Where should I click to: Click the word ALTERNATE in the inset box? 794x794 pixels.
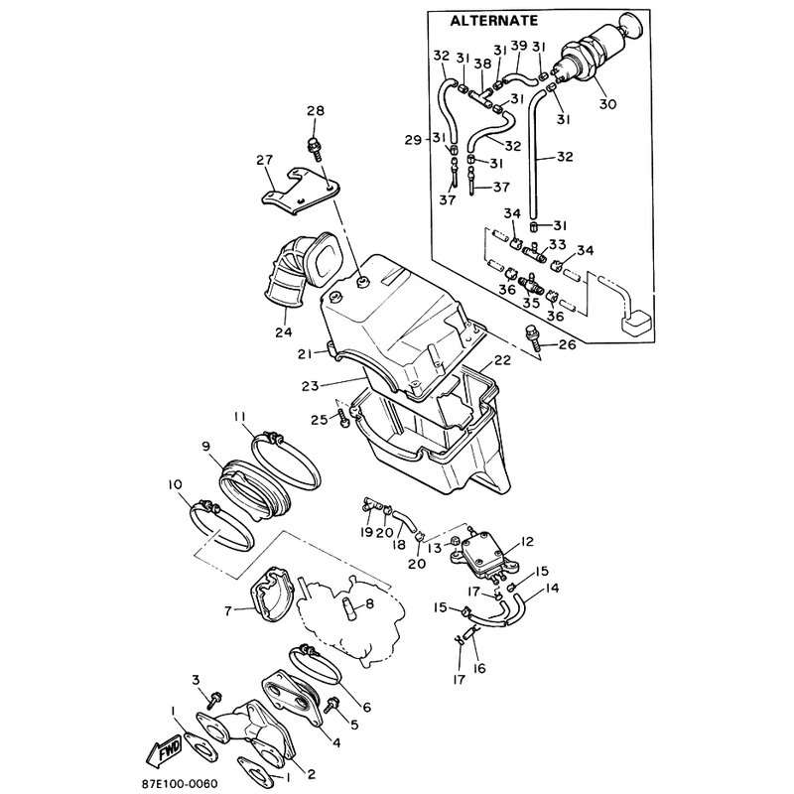[x=493, y=21]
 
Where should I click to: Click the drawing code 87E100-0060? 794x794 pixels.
[x=180, y=784]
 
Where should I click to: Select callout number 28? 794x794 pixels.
[x=316, y=110]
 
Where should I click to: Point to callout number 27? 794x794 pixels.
[x=265, y=160]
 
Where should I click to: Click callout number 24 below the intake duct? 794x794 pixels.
[x=284, y=331]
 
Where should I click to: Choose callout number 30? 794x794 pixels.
[x=607, y=104]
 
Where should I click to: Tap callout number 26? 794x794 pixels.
[x=568, y=345]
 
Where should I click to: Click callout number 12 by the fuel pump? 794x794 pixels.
[x=527, y=541]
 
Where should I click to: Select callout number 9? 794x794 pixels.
[x=205, y=447]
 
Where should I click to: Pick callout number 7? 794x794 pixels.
[x=228, y=611]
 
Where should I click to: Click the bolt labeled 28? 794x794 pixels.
[x=315, y=147]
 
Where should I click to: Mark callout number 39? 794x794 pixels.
[x=518, y=47]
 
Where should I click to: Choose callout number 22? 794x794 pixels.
[x=503, y=360]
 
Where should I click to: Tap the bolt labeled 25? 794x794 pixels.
[x=343, y=419]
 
